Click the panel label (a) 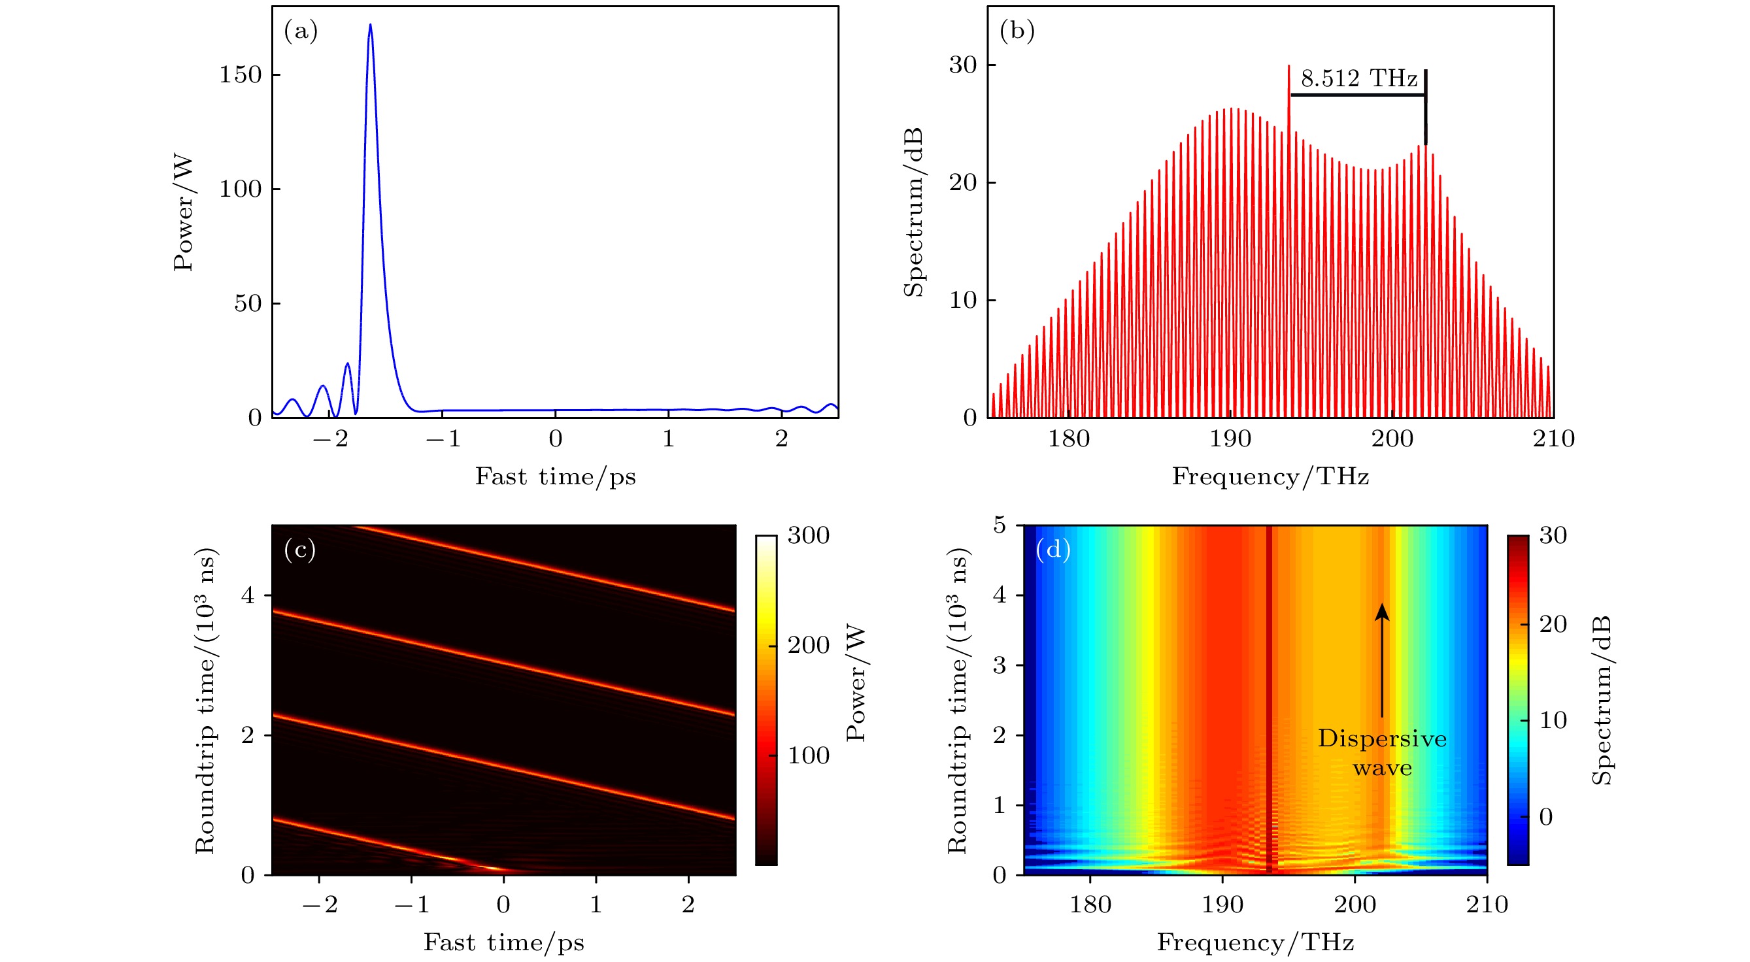(300, 31)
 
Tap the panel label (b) (1017, 31)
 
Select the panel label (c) (299, 550)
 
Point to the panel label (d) (1053, 549)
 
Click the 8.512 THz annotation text (1358, 80)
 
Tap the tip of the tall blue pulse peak (370, 25)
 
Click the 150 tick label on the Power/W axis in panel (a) (240, 75)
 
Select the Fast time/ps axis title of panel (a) (555, 477)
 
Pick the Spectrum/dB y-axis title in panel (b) (914, 212)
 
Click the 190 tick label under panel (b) (1230, 439)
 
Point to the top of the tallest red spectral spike (1288, 67)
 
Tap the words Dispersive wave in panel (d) (1382, 753)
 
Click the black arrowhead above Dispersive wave (1382, 612)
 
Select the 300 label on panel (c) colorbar (809, 535)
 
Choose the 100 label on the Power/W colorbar (809, 755)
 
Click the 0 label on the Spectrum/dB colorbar (1545, 817)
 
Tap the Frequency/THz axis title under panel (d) (1255, 943)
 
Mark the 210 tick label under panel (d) (1487, 905)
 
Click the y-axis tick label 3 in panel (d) (999, 665)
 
